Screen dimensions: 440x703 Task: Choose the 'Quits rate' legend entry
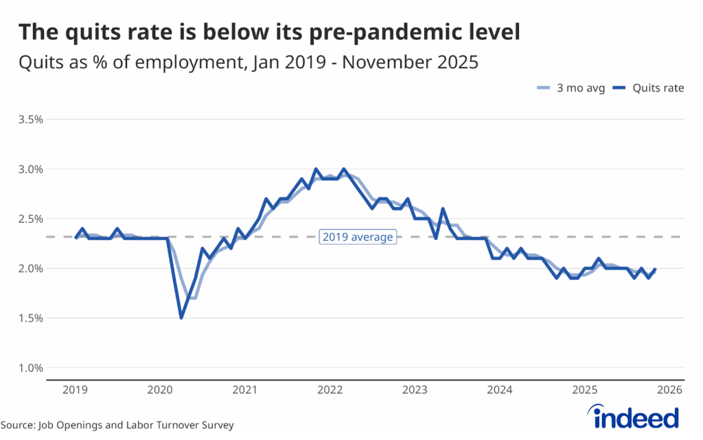649,88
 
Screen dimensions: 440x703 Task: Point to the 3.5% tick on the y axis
31,119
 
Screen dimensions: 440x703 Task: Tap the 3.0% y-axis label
31,169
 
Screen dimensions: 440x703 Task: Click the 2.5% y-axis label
31,219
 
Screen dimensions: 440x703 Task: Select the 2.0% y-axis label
31,268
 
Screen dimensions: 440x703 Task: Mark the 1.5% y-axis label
31,318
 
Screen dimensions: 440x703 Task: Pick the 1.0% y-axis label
31,368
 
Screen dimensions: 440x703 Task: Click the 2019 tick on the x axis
75,390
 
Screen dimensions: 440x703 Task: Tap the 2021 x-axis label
245,390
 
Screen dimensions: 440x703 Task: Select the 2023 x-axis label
415,390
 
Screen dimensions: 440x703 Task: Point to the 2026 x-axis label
669,390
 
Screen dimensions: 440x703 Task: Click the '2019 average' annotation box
357,237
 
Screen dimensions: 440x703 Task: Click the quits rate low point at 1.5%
181,317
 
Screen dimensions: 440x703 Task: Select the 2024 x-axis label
499,390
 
